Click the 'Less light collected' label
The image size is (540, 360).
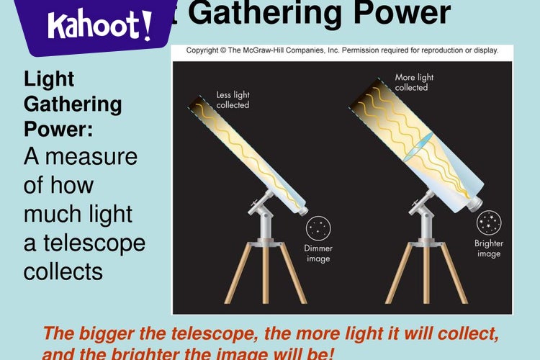point(233,99)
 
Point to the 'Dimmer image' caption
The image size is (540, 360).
point(318,253)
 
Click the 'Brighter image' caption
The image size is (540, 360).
point(489,248)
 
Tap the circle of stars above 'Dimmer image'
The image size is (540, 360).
point(318,228)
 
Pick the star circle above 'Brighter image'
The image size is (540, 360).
point(490,223)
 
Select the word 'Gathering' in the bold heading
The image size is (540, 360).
point(73,104)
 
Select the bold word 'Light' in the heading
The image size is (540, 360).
point(49,78)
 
